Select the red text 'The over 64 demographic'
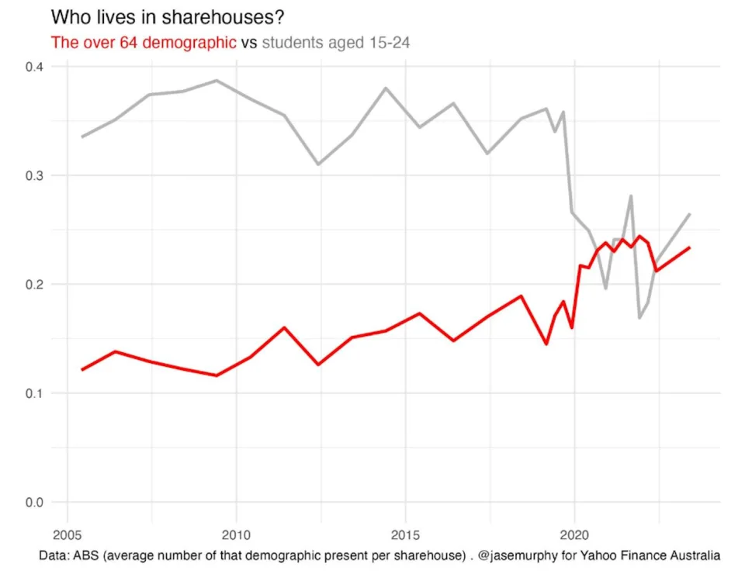point(144,43)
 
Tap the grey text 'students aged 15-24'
point(336,43)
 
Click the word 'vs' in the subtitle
point(249,43)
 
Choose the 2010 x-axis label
point(236,535)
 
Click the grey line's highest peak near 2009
point(217,81)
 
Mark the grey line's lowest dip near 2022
point(639,318)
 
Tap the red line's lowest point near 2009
point(217,375)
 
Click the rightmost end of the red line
point(689,247)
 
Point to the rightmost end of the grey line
point(689,214)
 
